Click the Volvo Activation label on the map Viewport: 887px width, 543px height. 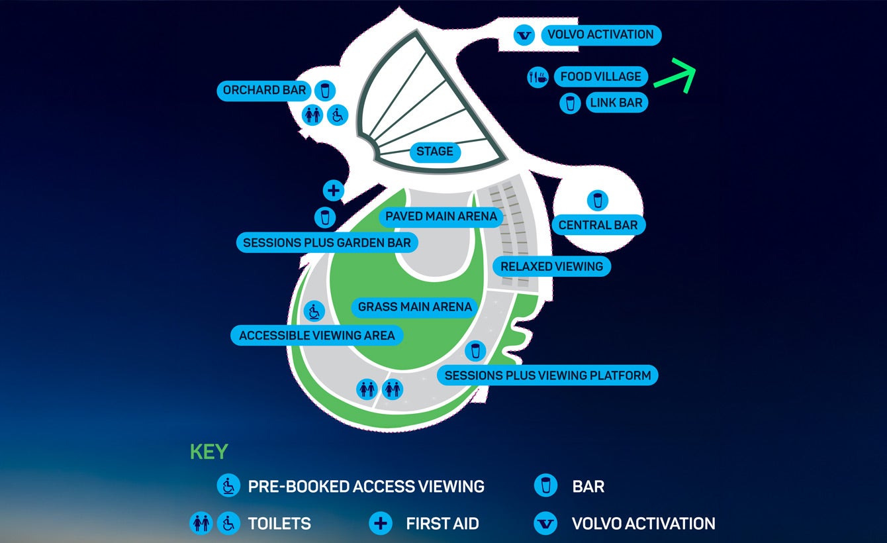click(x=601, y=34)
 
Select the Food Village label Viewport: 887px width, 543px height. click(x=600, y=77)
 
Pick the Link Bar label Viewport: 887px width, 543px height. click(x=616, y=103)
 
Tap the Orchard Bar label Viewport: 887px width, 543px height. click(x=264, y=90)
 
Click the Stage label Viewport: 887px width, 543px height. click(x=435, y=152)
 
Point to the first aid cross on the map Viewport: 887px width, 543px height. click(x=333, y=191)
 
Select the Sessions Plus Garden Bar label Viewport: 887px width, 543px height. click(x=327, y=242)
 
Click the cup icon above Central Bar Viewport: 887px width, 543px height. click(x=598, y=200)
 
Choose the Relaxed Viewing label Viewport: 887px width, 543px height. click(x=551, y=267)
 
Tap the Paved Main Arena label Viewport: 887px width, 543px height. click(x=441, y=217)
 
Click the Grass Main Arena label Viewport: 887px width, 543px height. click(x=415, y=307)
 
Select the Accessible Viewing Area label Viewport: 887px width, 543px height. click(x=317, y=336)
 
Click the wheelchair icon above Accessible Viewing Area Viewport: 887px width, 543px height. click(x=313, y=310)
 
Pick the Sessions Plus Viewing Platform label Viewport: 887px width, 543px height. click(x=547, y=375)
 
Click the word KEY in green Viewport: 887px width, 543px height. click(x=209, y=452)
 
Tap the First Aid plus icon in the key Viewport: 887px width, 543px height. click(x=380, y=523)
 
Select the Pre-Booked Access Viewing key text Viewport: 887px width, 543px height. click(x=365, y=487)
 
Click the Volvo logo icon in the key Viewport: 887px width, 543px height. click(x=545, y=523)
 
